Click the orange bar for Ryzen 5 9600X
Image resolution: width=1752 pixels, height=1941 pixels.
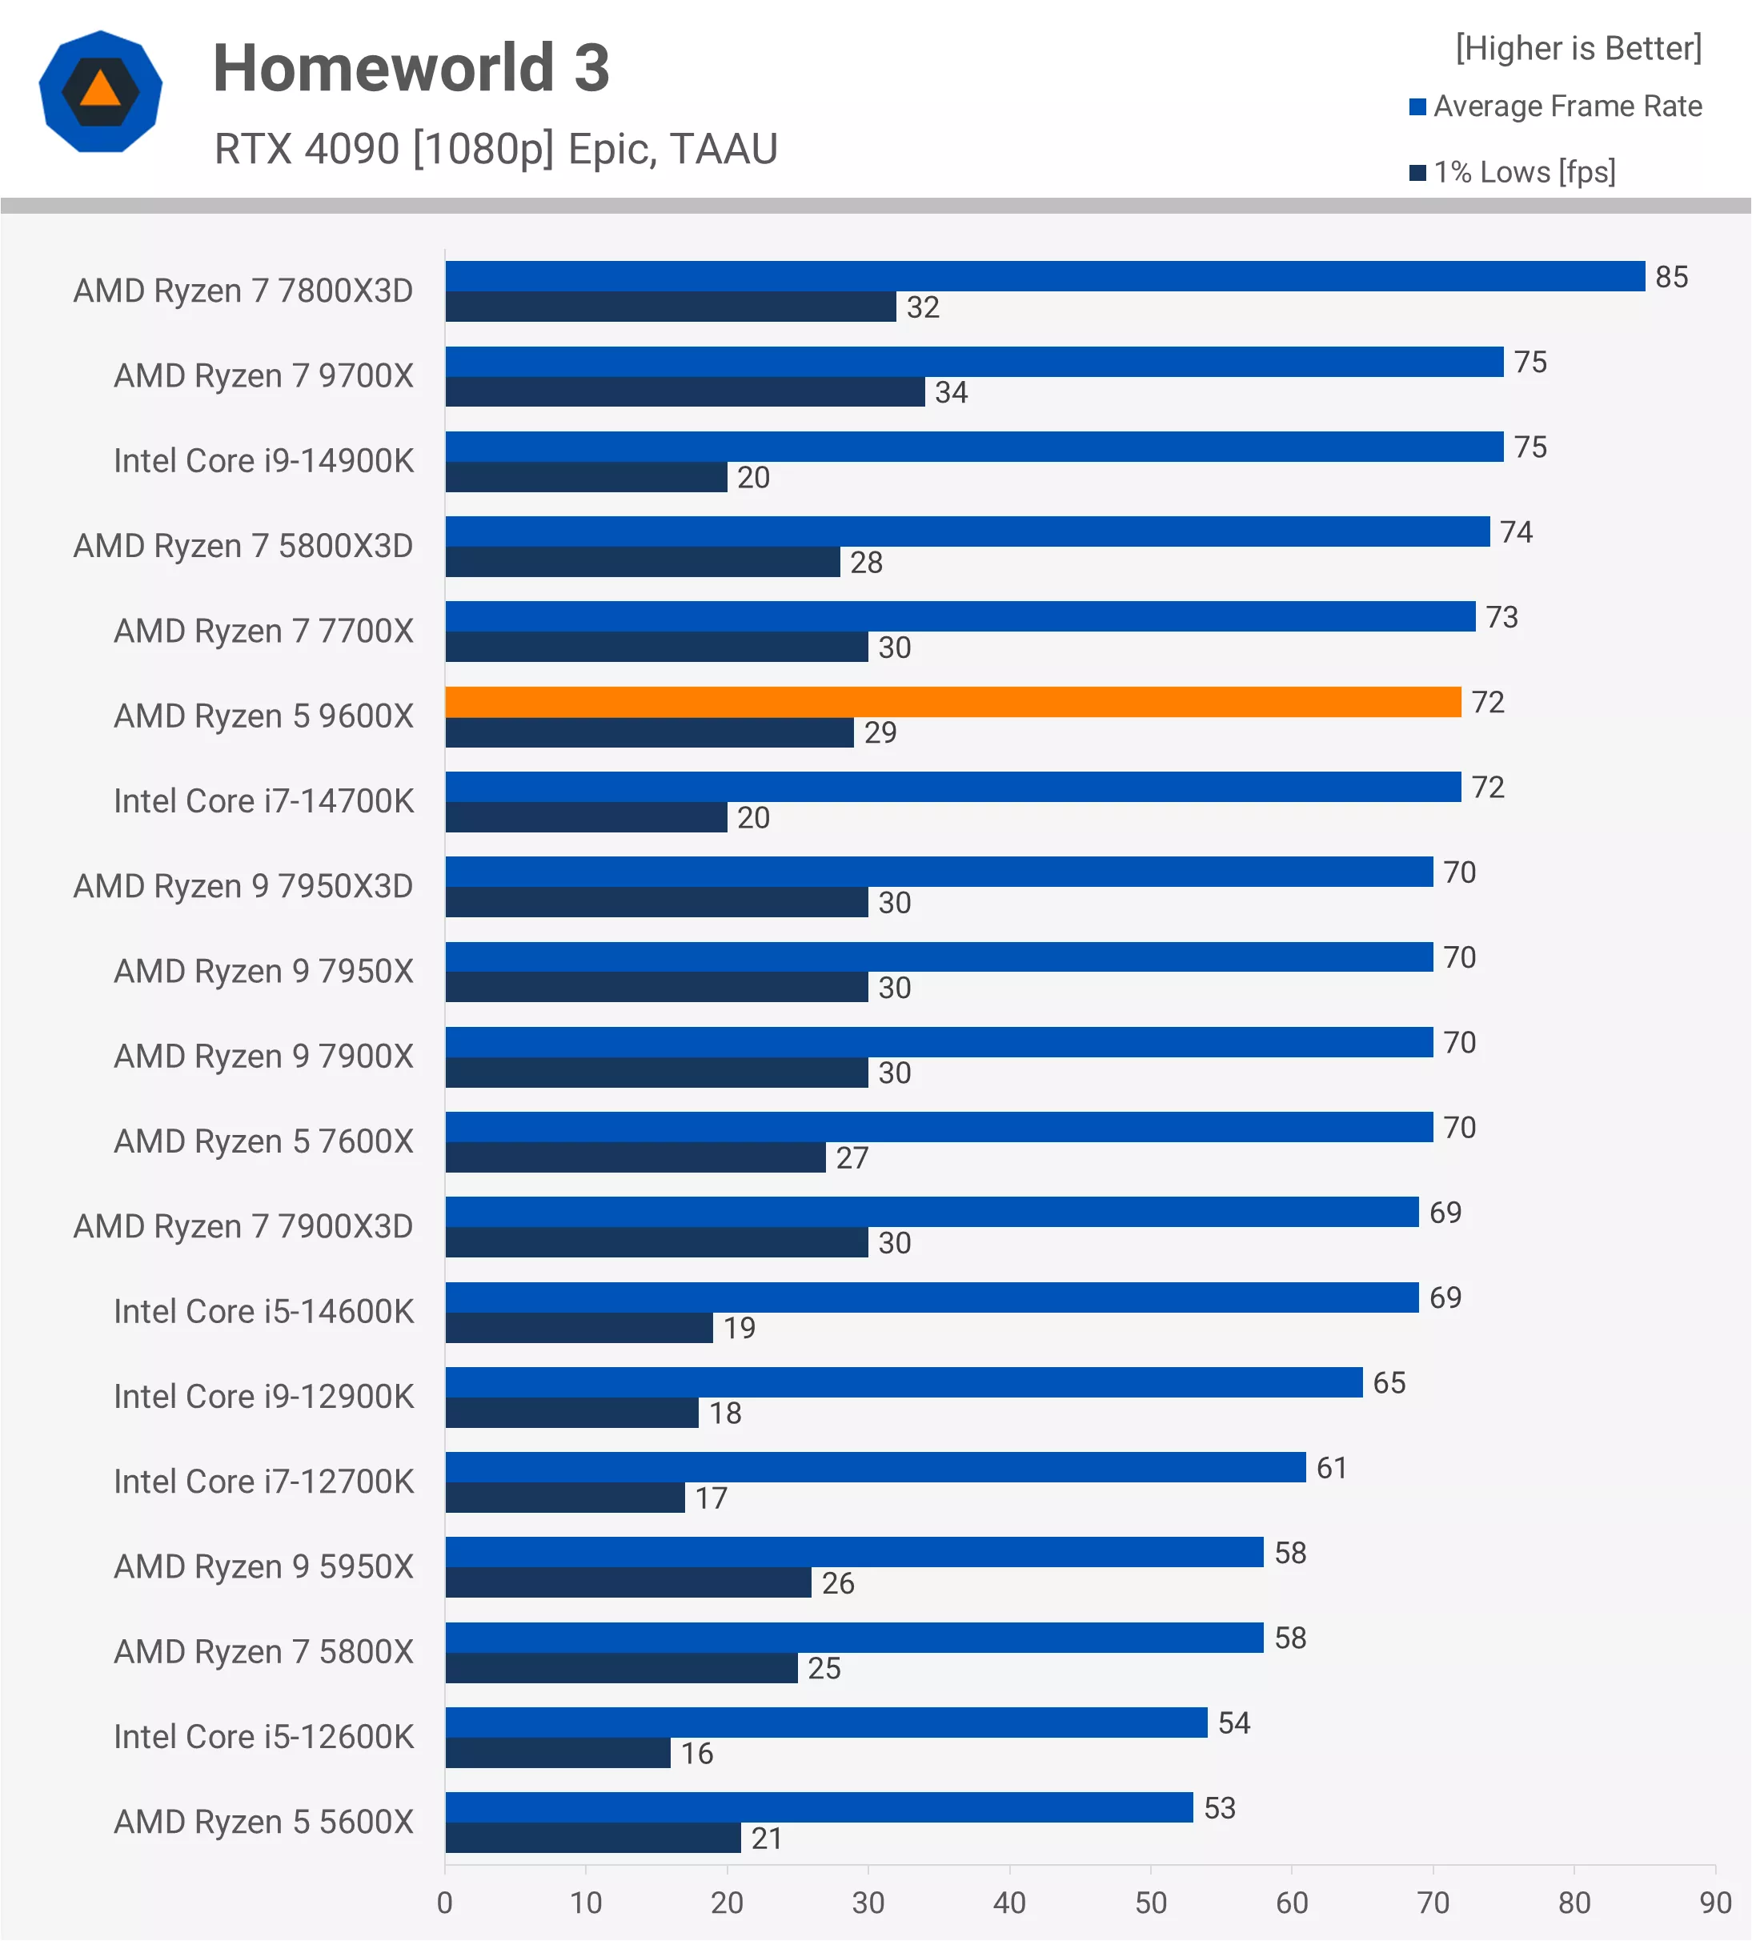(x=953, y=702)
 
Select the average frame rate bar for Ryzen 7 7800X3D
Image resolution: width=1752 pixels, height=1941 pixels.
(x=1044, y=276)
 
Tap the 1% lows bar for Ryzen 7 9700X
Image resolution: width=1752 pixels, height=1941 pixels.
(x=684, y=392)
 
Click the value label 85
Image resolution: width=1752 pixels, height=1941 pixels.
(x=1672, y=277)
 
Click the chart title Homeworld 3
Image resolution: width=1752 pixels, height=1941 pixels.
(x=411, y=68)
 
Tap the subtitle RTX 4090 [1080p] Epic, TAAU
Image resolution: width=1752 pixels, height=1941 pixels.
(x=495, y=149)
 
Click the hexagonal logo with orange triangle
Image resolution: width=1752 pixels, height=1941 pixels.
(x=100, y=91)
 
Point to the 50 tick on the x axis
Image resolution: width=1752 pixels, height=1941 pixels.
(x=1150, y=1903)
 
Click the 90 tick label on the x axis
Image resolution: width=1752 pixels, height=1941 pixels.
(x=1714, y=1903)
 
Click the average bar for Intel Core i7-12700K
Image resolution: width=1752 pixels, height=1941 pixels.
(x=875, y=1467)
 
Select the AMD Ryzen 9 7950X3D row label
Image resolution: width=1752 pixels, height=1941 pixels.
(x=243, y=887)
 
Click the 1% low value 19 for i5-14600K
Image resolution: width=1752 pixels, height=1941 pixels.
(x=740, y=1329)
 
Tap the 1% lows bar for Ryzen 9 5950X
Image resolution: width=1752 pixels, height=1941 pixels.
(x=627, y=1583)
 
